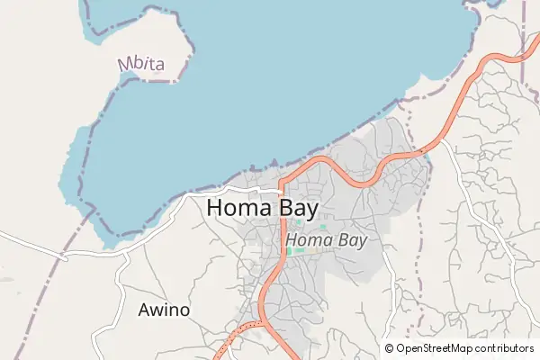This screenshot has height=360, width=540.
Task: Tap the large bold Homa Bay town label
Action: (262, 208)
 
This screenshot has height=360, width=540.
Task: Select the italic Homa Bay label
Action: (326, 240)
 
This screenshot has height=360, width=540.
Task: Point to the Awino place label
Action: (164, 310)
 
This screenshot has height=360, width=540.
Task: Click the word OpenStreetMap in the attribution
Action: (436, 348)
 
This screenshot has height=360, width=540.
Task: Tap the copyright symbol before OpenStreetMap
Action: (390, 348)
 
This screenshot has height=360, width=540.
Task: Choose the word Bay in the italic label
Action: (351, 240)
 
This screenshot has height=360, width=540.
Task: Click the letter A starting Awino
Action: (144, 310)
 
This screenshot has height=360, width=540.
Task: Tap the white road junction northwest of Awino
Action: (122, 256)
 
